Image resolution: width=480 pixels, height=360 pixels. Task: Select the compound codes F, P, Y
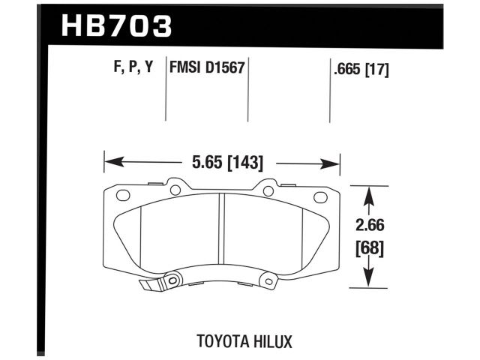130,67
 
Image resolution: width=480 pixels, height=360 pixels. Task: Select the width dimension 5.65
199,160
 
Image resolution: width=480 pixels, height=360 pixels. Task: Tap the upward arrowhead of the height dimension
367,193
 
